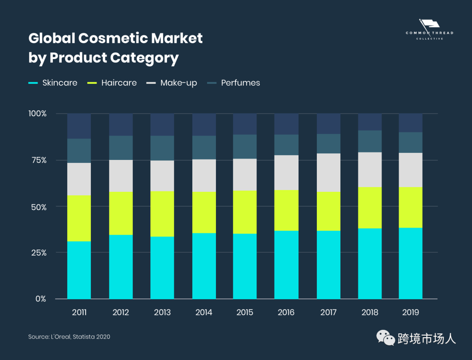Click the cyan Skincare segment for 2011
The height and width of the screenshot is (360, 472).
(x=79, y=270)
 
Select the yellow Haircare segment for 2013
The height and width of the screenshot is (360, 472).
(x=162, y=214)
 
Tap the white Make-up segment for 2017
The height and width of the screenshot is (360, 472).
(x=329, y=173)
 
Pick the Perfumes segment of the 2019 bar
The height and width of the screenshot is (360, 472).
(x=411, y=142)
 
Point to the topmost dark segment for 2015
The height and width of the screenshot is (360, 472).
(x=245, y=124)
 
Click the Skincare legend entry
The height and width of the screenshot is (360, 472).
(x=53, y=83)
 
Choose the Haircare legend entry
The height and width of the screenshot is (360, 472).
(x=112, y=83)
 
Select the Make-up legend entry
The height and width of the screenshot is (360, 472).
(x=172, y=83)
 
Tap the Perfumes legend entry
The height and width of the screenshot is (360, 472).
(x=233, y=83)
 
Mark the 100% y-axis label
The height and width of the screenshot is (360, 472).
(x=37, y=114)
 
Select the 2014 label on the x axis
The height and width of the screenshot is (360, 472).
(x=204, y=312)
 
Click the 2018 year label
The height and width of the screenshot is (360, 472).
(x=370, y=312)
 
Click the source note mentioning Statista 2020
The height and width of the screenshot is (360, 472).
(x=69, y=336)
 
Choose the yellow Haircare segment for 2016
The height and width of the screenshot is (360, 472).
(x=286, y=211)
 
